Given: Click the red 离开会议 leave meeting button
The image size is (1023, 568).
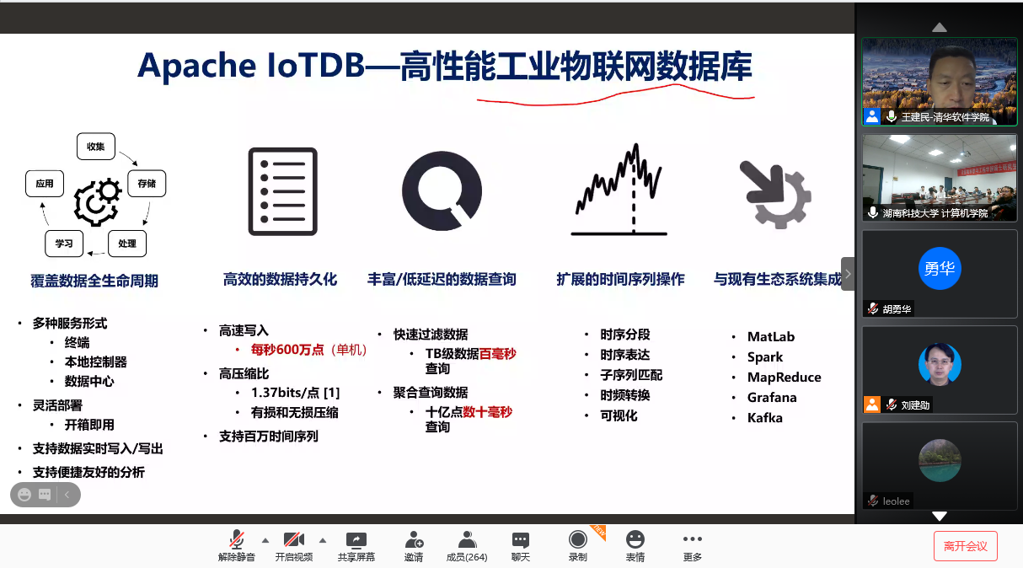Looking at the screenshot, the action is [965, 546].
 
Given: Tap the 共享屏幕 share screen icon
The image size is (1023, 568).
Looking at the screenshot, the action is [356, 540].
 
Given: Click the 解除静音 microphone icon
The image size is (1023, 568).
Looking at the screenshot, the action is [237, 539].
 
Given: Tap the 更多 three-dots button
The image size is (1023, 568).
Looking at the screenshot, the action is [693, 539].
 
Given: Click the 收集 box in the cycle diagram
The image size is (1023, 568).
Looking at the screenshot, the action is [96, 147].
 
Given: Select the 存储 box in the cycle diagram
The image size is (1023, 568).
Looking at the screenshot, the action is [147, 184].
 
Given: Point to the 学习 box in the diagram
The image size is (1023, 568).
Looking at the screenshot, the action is [64, 244].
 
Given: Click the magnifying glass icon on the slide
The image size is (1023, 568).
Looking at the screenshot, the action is [442, 190].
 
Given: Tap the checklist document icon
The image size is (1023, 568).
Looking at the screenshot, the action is [282, 191].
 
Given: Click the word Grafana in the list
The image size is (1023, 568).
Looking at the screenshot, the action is [772, 398].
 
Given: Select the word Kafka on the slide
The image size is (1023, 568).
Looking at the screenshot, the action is [765, 418].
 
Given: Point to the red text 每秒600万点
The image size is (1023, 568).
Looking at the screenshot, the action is [287, 350].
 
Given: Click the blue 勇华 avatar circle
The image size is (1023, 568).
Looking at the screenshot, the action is [940, 269].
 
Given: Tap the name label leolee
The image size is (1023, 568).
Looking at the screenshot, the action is [896, 501].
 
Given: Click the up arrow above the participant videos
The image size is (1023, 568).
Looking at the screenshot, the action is [939, 28].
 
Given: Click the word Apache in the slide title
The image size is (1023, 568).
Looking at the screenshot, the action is [197, 67].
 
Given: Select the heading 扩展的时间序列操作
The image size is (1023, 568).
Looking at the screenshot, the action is [620, 279].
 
